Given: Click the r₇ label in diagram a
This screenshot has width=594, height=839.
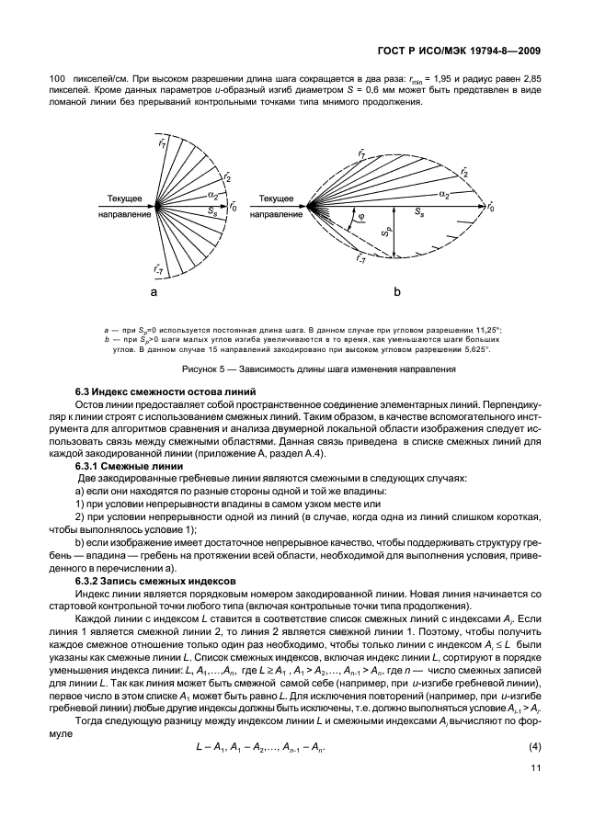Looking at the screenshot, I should pyautogui.click(x=163, y=142).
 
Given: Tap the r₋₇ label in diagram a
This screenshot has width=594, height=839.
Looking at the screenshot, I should pyautogui.click(x=160, y=268).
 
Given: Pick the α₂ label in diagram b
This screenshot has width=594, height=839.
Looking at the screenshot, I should pyautogui.click(x=443, y=195).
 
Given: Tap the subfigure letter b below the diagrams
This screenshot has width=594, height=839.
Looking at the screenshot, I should pyautogui.click(x=397, y=292).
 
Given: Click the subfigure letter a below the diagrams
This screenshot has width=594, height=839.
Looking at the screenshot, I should pyautogui.click(x=154, y=292).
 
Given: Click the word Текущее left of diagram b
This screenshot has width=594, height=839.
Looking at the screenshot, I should pyautogui.click(x=276, y=198).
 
